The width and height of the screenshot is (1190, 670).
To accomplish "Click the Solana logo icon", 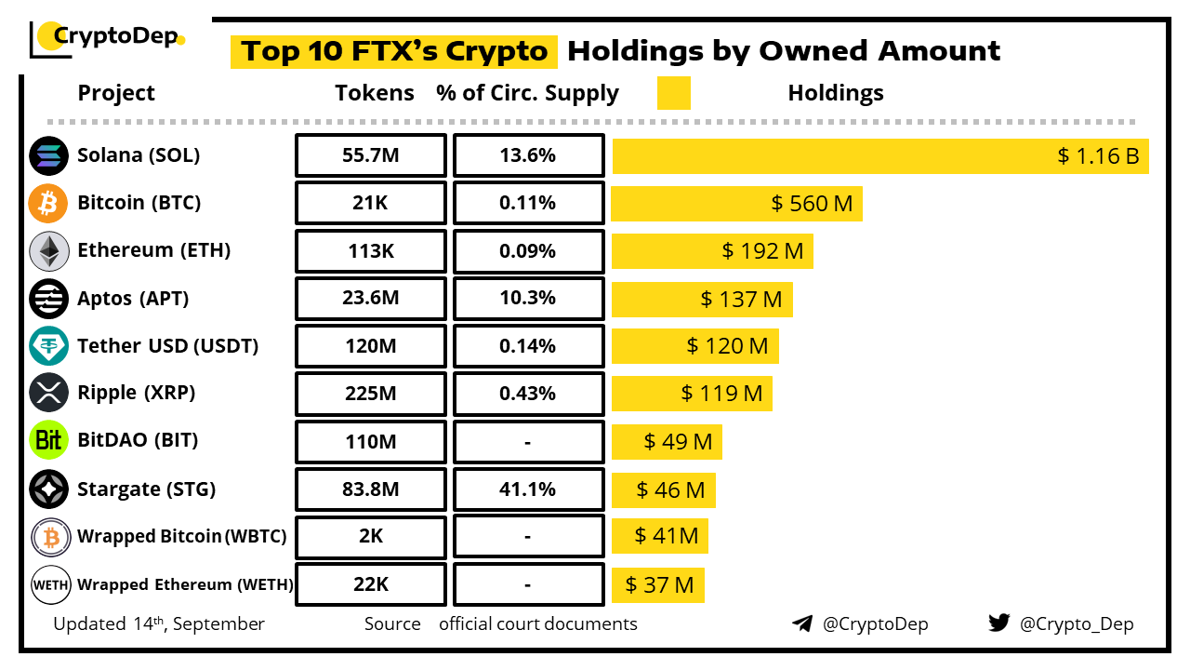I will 48,155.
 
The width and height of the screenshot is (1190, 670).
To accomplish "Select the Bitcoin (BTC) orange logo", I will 48,203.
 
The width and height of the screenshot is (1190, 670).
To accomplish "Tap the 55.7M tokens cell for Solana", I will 371,155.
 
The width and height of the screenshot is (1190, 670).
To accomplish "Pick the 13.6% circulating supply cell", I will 527,155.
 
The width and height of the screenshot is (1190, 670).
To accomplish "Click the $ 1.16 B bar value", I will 1098,155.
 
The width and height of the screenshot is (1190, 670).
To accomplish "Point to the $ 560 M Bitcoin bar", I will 812,204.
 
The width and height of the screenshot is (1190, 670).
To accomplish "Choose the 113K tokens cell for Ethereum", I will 371,251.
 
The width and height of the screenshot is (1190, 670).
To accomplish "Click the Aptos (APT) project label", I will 133,299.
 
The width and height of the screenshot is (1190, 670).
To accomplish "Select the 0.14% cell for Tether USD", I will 527,346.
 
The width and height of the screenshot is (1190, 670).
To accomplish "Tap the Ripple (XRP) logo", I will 48,393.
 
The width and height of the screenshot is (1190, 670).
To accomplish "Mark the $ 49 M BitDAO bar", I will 678,441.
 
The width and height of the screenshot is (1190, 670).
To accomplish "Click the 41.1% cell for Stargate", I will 527,489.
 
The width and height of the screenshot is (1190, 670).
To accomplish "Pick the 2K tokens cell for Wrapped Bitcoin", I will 371,536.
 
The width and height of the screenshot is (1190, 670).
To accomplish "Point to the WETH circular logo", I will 48,584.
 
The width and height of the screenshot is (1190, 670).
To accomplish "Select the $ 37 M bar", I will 659,585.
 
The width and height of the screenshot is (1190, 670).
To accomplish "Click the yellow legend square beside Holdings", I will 673,93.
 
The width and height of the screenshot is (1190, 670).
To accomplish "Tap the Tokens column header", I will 375,93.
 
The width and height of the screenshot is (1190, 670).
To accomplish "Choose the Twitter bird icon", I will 998,623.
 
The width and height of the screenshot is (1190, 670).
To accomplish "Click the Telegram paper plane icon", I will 802,623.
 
